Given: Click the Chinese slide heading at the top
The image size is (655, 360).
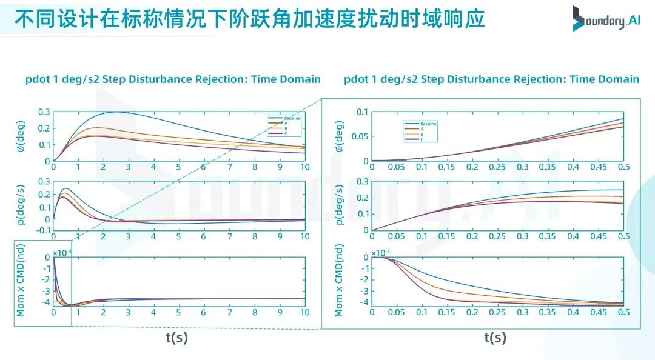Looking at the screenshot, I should [x=249, y=19].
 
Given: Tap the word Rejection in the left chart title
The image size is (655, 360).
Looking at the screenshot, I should [x=220, y=79].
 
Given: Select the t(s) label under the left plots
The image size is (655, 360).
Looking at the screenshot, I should [x=176, y=338].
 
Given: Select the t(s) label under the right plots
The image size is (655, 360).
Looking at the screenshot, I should [x=495, y=338].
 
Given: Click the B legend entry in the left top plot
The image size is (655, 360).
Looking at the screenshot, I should [x=286, y=128].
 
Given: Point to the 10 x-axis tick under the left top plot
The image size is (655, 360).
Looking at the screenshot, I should [x=304, y=167].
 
